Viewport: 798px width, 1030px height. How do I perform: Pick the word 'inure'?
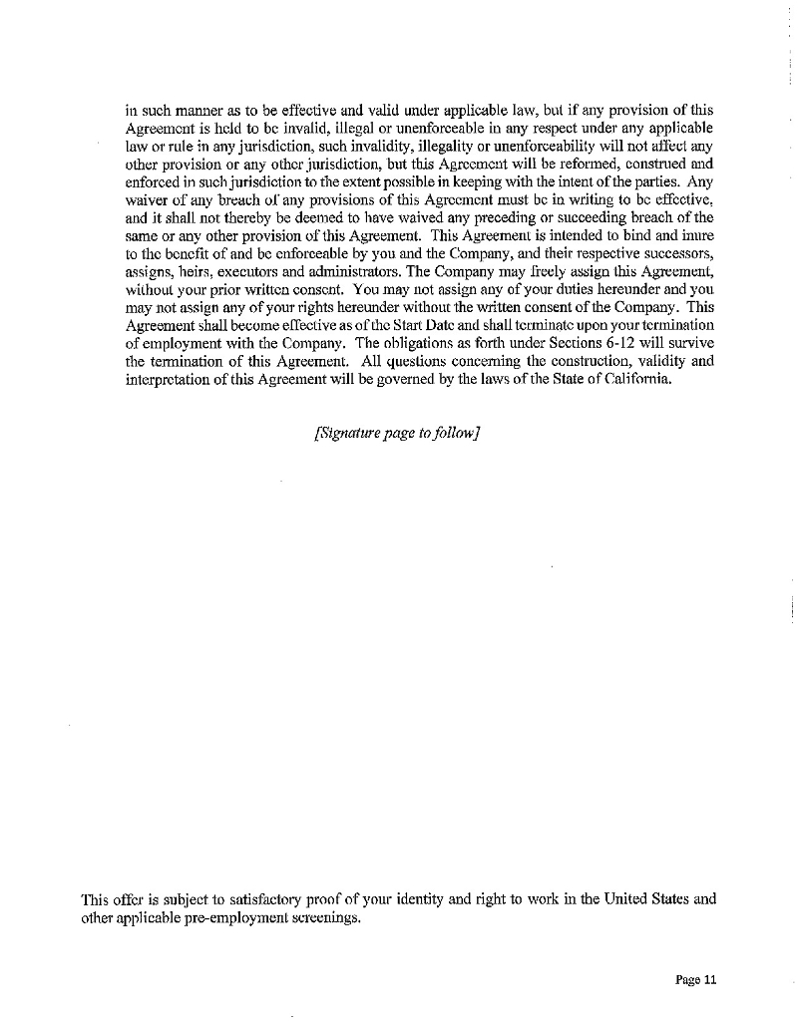(696, 237)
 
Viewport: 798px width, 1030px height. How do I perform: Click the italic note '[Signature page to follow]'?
(398, 432)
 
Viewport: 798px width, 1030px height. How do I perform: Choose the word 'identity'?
(416, 899)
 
